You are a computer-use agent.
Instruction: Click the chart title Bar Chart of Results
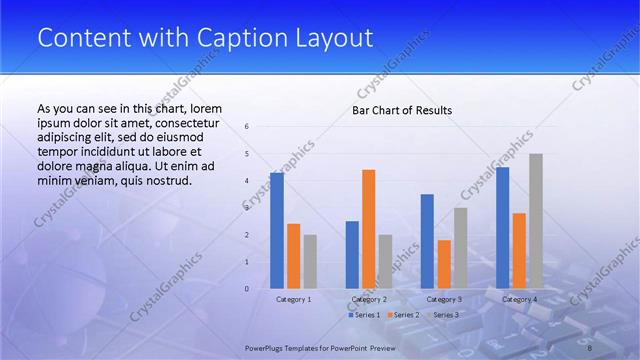click(402, 110)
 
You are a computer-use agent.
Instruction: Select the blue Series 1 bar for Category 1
click(276, 231)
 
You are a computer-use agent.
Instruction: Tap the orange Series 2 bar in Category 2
click(368, 229)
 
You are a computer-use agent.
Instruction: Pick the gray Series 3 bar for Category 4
click(536, 221)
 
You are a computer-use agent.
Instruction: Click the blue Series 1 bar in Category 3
click(427, 241)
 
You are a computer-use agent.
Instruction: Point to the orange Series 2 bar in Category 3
click(444, 264)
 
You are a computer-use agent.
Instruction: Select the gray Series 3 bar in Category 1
click(310, 262)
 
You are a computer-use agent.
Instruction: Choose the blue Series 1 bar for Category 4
click(502, 228)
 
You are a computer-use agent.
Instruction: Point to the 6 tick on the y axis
click(247, 127)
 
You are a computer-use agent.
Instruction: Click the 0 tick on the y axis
click(247, 289)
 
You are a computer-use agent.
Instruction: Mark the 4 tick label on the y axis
click(247, 181)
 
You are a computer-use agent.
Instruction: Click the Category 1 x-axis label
click(293, 299)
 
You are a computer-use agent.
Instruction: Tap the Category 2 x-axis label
click(369, 299)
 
